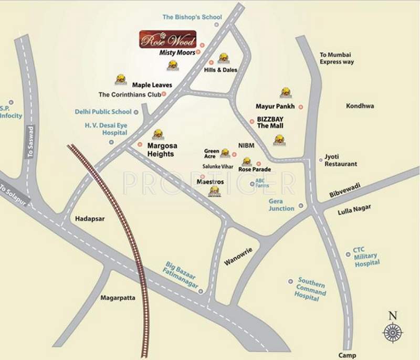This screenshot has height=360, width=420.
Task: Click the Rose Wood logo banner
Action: tap(167, 39)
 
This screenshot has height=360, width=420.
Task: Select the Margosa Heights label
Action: tap(161, 150)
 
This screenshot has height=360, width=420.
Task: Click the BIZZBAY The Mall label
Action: tap(269, 123)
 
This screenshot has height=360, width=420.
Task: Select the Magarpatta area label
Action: tap(118, 298)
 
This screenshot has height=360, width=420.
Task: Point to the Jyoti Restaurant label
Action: tap(341, 160)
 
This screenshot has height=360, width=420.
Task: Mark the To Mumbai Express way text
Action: tap(337, 58)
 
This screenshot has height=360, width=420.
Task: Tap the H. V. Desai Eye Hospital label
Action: tap(107, 130)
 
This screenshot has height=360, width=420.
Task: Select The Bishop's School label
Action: tap(192, 17)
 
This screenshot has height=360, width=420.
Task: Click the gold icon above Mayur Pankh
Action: tap(285, 92)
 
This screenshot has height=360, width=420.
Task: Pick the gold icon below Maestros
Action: tap(214, 192)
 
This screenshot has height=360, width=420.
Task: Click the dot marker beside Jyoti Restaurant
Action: tap(321, 160)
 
